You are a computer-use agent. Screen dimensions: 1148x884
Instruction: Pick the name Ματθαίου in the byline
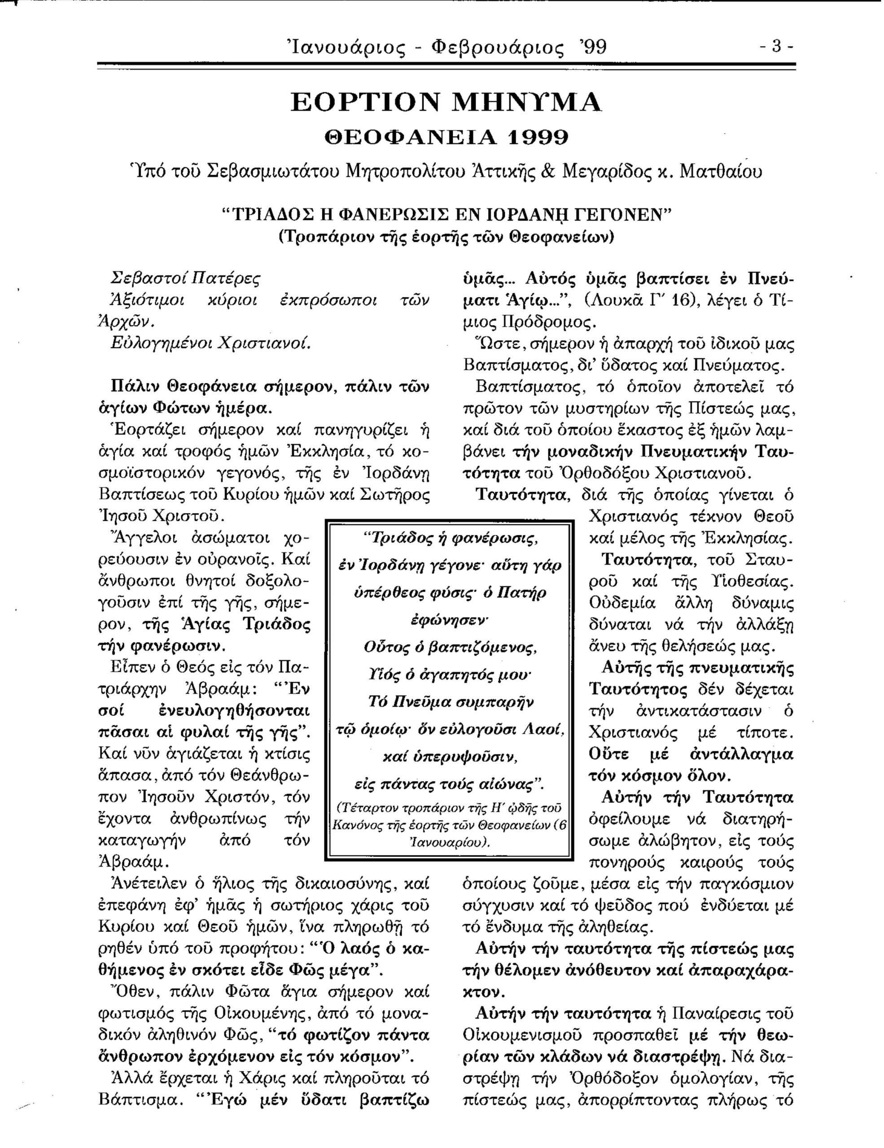[x=721, y=172]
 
